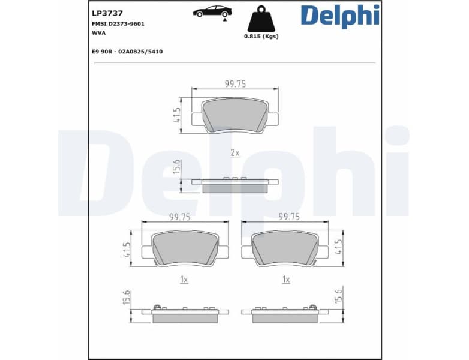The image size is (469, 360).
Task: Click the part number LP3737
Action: click(x=107, y=12)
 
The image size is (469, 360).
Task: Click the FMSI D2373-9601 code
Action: click(x=118, y=23)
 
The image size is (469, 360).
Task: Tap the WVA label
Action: click(x=98, y=33)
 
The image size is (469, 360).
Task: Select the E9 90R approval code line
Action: click(x=127, y=52)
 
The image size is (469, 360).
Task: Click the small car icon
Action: click(x=212, y=11)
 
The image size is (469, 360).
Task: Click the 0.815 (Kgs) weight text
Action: click(x=261, y=36)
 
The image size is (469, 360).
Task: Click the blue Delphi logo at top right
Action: click(x=340, y=16)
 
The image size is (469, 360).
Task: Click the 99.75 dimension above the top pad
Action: click(x=235, y=84)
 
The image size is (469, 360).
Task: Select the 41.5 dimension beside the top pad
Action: click(x=177, y=115)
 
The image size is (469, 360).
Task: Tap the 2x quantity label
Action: click(x=235, y=153)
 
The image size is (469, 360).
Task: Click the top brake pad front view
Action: click(x=235, y=115)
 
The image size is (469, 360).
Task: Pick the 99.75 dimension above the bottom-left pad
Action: click(x=179, y=217)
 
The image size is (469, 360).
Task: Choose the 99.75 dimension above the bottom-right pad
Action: click(x=289, y=217)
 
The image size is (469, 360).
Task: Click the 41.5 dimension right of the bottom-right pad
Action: click(x=339, y=248)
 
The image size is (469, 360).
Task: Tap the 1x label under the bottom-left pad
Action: click(x=184, y=280)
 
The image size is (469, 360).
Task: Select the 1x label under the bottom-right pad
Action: click(x=286, y=280)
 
